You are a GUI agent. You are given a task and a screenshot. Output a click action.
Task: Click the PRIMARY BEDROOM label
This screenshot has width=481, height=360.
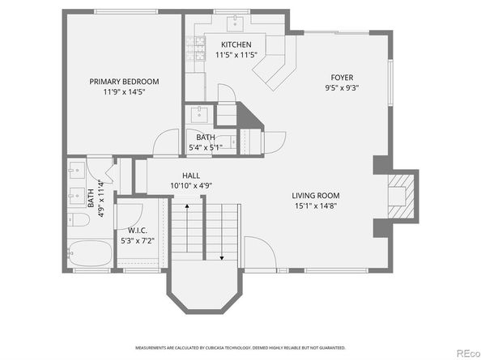(124, 81)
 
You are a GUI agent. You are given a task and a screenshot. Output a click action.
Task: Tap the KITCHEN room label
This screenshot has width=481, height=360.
(233, 44)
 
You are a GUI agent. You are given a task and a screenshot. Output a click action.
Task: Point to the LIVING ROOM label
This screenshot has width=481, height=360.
(316, 195)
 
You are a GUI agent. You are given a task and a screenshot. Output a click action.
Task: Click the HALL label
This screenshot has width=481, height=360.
(191, 175)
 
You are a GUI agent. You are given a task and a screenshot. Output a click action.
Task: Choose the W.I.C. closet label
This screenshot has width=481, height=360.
(136, 230)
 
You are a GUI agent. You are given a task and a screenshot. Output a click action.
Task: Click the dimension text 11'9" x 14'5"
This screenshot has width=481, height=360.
(124, 92)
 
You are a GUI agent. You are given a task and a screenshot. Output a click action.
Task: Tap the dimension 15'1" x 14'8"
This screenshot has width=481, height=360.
(316, 206)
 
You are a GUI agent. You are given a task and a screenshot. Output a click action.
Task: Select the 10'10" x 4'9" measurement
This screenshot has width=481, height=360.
(191, 185)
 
